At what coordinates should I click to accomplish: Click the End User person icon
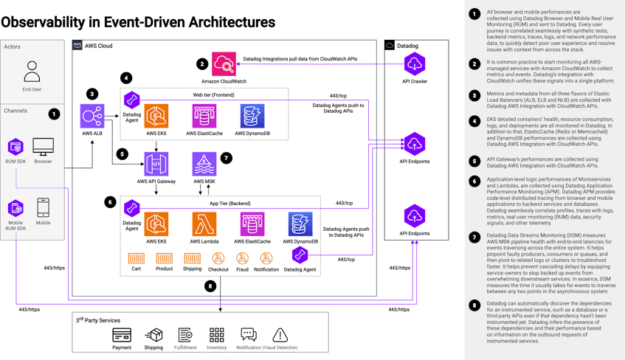tap(32, 72)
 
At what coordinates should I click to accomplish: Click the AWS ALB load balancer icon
tap(91, 117)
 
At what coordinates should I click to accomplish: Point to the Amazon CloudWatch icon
tap(224, 64)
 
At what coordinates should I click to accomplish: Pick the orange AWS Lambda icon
tap(204, 224)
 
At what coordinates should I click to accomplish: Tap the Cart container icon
tap(135, 258)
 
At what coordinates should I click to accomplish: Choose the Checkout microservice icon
tap(218, 258)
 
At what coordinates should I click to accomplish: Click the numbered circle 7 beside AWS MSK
tap(227, 158)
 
